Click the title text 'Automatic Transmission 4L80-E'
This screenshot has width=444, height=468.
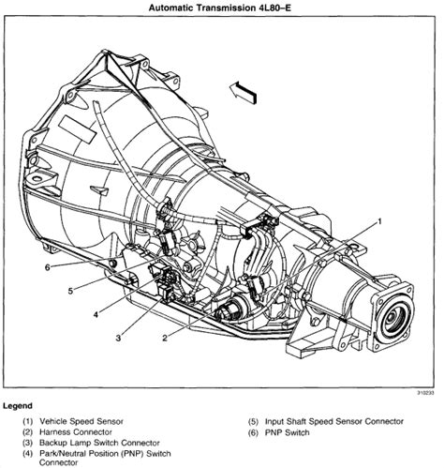point(219,8)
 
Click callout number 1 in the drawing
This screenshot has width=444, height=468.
point(379,221)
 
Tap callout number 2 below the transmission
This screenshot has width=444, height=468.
point(165,338)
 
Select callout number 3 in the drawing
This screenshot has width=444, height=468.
point(118,338)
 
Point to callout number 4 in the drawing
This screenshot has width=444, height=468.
point(96,314)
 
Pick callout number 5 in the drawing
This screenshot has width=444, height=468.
point(70,291)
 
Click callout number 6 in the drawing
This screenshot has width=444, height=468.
point(47,267)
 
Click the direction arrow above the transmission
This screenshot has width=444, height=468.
point(244,93)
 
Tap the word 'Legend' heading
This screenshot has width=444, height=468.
point(18,406)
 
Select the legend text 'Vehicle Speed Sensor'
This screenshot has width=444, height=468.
point(81,421)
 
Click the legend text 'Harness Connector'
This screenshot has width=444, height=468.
point(76,432)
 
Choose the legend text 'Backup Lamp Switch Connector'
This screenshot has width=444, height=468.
point(99,443)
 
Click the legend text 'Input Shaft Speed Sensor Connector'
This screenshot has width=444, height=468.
point(334,421)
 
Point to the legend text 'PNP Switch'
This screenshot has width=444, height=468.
point(287,432)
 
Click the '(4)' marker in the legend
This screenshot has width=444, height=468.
point(27,453)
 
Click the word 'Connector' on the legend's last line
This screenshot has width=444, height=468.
point(58,462)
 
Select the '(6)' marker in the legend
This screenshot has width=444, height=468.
point(253,432)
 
